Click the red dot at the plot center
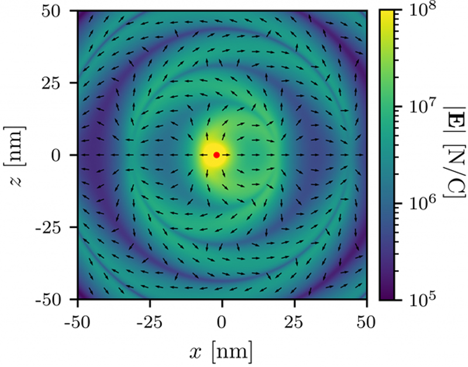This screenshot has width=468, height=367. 216,155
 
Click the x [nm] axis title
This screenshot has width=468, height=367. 222,351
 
